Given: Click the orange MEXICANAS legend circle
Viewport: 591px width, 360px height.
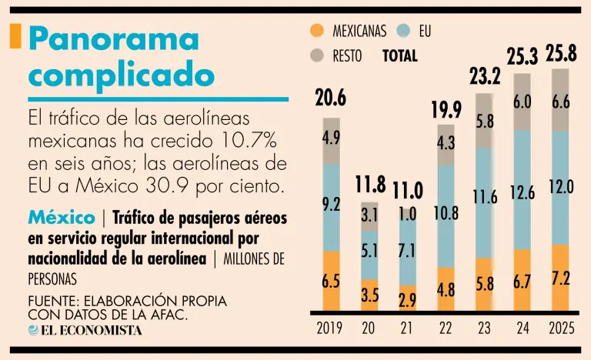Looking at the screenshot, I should tap(316, 32).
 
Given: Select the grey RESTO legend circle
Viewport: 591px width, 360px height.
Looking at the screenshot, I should tap(316, 55).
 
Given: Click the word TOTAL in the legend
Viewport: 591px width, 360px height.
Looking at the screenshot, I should tap(399, 55).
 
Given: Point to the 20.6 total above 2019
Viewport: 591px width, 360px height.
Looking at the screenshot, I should tap(331, 98).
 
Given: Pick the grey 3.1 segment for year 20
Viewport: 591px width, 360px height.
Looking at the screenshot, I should tap(369, 216).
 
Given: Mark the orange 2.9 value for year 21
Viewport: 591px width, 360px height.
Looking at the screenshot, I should tap(407, 300).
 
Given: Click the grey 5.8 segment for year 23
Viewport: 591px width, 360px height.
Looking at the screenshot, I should tap(485, 121).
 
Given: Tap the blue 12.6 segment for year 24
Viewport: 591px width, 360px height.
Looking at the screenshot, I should tap(523, 192).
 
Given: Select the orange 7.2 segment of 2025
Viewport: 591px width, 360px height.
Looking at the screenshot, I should tap(561, 278).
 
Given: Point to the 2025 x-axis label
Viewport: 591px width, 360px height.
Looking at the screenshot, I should tap(561, 328).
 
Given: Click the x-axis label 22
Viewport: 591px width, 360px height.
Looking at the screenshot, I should tap(446, 328).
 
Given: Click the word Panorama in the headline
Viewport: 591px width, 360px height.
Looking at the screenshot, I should tap(113, 38).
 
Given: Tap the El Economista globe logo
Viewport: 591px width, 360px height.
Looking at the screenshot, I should tap(34, 330).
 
